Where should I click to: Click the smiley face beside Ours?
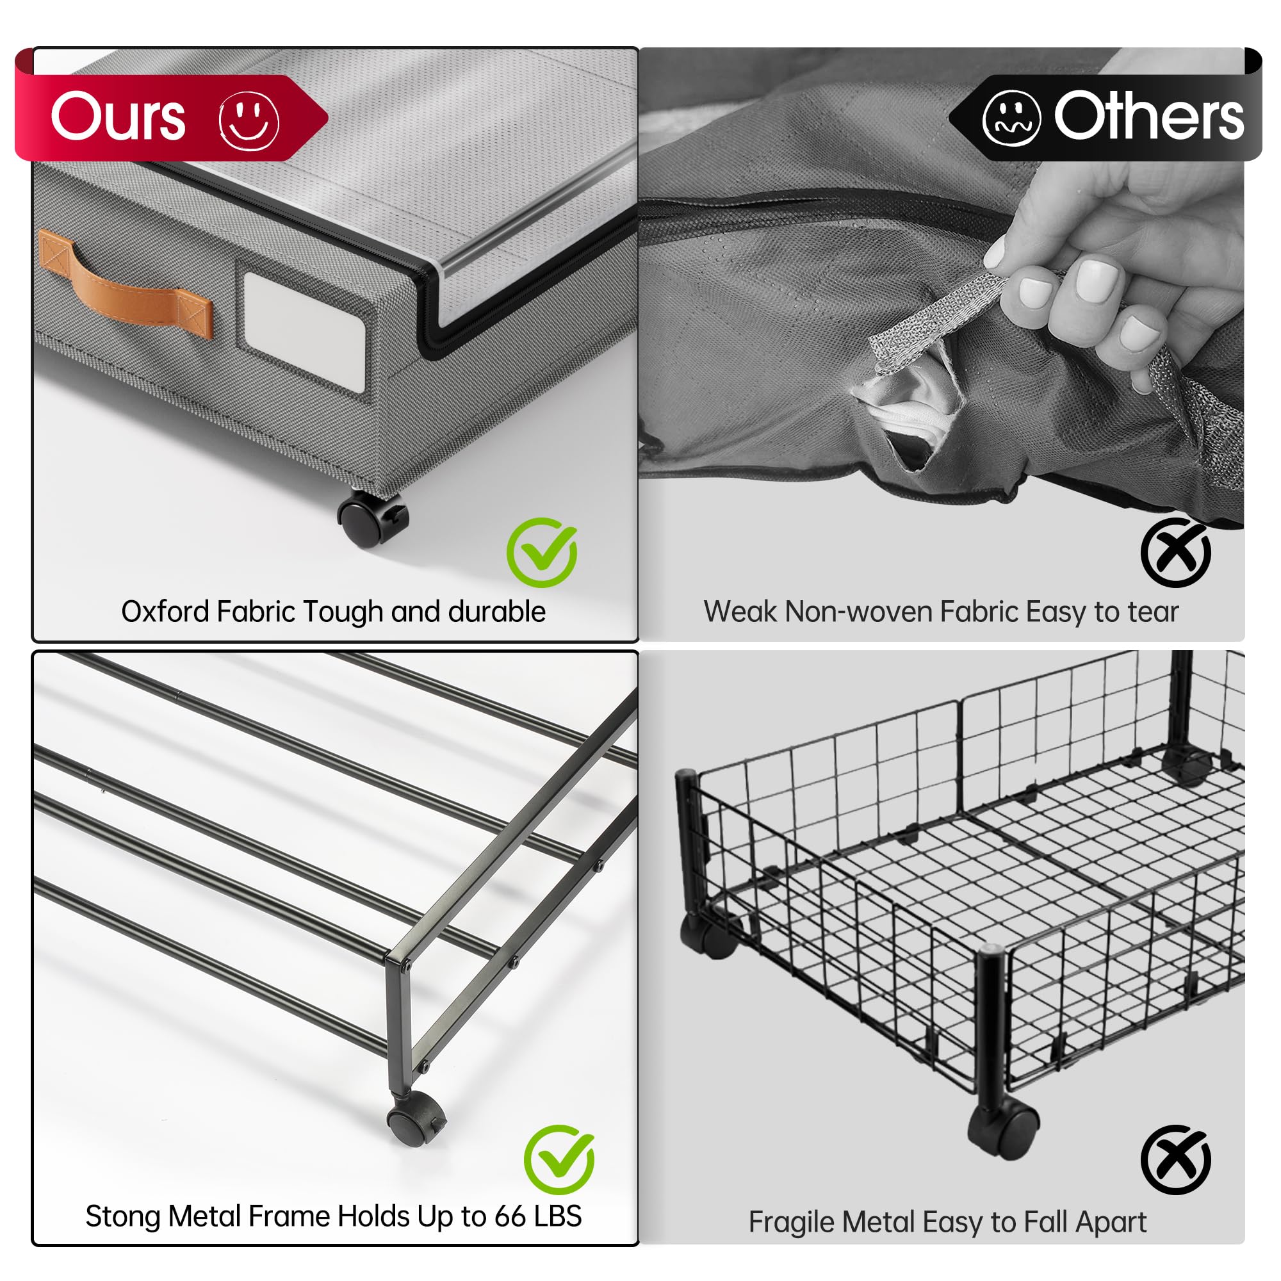(249, 120)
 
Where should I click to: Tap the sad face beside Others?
(1011, 118)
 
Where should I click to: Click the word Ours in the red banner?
(118, 117)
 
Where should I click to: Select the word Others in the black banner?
(1148, 117)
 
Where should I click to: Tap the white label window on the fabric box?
(305, 332)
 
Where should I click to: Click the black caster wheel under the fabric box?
(372, 519)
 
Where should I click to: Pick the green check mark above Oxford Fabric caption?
(542, 551)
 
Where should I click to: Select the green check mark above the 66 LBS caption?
(559, 1159)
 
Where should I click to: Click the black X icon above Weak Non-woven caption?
(1175, 552)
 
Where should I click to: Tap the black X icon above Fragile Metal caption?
(1175, 1160)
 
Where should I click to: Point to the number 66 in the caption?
(510, 1217)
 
